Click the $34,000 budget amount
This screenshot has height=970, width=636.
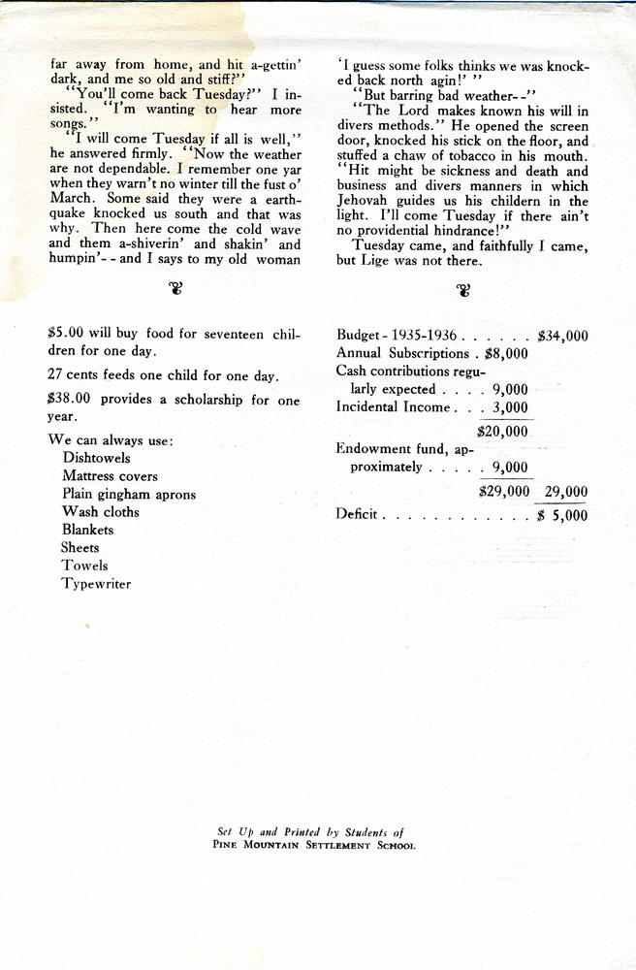tap(562, 336)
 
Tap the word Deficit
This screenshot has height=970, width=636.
tap(358, 515)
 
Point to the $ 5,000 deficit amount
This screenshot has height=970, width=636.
tap(562, 515)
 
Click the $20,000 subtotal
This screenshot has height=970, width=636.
tap(503, 431)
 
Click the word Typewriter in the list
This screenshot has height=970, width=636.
tap(96, 584)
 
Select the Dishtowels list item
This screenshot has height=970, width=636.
tap(96, 458)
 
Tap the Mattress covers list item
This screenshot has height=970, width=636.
tap(110, 476)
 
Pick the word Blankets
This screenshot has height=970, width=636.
tap(87, 530)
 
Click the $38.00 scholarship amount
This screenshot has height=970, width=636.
tap(67, 400)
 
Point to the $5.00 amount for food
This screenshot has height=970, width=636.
tap(64, 334)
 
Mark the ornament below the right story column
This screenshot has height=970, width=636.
tap(462, 288)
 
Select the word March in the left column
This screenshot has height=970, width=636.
tap(71, 197)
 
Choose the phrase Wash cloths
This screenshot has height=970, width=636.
tap(100, 512)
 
